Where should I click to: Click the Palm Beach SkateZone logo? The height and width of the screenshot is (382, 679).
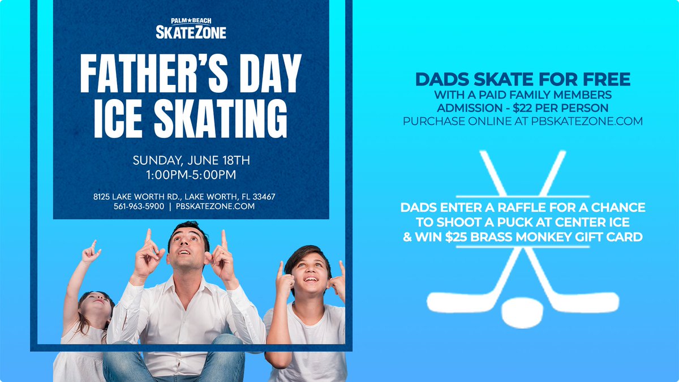click(191, 29)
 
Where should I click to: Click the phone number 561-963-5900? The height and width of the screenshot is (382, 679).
click(138, 207)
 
